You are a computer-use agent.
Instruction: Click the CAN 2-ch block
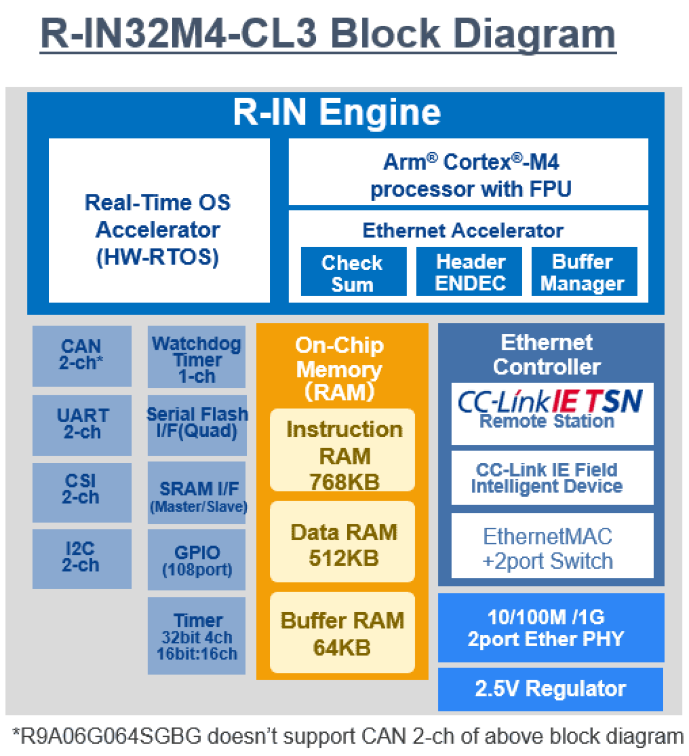tap(82, 355)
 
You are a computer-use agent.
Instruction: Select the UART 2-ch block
tap(82, 424)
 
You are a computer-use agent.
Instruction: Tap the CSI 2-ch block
tap(82, 491)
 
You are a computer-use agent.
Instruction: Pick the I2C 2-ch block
tap(82, 558)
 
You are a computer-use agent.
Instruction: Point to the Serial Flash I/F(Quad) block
tap(197, 424)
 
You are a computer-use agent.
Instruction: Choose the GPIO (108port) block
tap(196, 559)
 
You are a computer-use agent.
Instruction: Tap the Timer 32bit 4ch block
tap(196, 635)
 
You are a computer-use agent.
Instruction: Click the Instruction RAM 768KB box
tap(342, 450)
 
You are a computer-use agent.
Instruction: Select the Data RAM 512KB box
tap(342, 541)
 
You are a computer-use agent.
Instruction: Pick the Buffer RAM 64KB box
tap(342, 632)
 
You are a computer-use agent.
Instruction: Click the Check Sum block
tap(353, 272)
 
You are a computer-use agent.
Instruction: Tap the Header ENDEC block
tap(469, 271)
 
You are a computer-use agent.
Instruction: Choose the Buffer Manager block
tap(584, 271)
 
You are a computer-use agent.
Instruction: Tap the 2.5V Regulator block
tap(550, 688)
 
